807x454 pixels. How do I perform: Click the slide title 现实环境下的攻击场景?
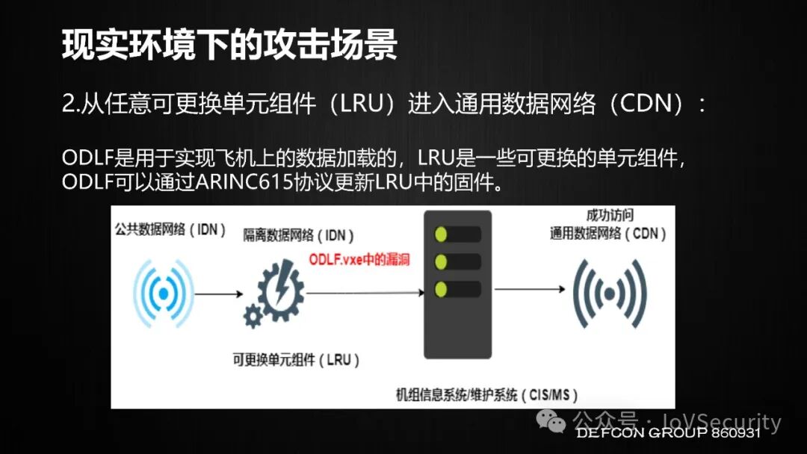click(229, 46)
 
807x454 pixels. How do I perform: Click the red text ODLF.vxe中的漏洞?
click(359, 260)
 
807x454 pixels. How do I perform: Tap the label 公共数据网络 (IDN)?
click(170, 229)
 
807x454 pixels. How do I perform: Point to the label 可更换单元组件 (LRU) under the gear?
click(297, 360)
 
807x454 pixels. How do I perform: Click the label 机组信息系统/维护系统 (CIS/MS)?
click(486, 394)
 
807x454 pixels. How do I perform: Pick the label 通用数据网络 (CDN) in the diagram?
click(608, 233)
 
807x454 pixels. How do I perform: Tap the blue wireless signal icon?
click(162, 294)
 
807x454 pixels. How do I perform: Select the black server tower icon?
click(458, 291)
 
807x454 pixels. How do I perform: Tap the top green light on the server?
click(442, 234)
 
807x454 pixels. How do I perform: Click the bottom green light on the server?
click(442, 288)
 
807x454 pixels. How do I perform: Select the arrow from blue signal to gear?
click(218, 293)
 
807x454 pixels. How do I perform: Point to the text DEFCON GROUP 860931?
click(667, 433)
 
